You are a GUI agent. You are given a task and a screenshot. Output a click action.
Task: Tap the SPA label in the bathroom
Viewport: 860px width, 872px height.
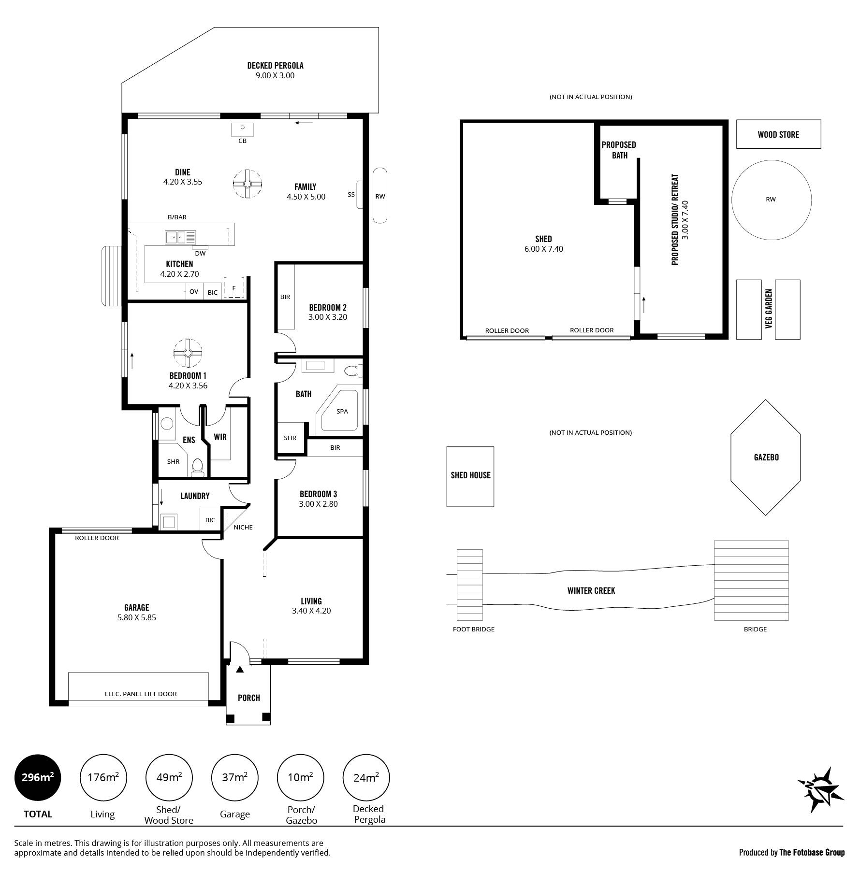tap(342, 411)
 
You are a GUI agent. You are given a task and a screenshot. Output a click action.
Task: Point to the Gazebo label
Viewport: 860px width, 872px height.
tap(766, 457)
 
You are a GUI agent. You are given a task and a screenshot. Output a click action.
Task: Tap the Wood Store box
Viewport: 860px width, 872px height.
tap(778, 134)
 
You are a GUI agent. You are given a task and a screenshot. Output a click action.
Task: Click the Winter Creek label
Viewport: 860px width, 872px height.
tap(591, 590)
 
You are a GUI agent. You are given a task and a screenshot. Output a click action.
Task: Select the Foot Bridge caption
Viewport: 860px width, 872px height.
tap(473, 629)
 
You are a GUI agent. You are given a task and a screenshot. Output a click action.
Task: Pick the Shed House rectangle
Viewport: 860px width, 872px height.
tap(470, 476)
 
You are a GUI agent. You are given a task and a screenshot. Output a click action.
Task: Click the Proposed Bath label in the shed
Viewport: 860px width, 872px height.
tap(619, 150)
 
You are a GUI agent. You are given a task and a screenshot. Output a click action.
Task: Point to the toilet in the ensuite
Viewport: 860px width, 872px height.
tap(197, 467)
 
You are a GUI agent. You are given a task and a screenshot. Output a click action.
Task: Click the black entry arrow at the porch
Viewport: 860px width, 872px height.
tap(240, 669)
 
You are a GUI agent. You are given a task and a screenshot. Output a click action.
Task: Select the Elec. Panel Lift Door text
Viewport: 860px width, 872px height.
tap(141, 694)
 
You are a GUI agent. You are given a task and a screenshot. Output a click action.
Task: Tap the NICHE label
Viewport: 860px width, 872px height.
tap(243, 527)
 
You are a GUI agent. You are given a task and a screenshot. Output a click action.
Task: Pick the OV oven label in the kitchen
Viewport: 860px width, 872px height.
tap(194, 291)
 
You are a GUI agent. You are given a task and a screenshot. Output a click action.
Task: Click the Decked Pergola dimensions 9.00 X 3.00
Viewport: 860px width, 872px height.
tap(275, 75)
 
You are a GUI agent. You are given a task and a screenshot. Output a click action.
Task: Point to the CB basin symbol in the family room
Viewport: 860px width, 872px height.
tap(243, 130)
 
